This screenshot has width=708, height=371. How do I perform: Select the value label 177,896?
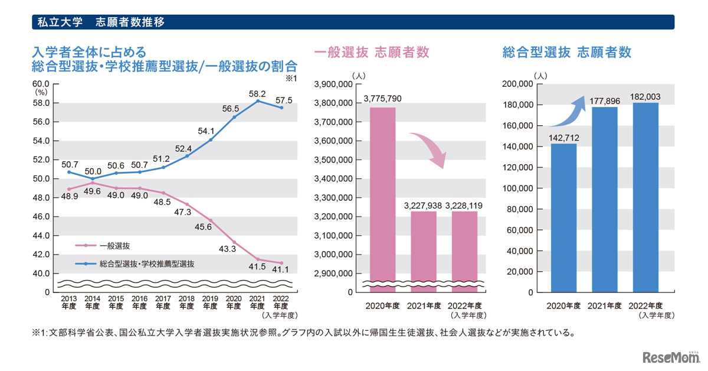click(605, 99)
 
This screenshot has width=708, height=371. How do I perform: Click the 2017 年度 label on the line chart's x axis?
click(163, 303)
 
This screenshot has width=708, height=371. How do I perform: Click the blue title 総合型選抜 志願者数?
click(566, 52)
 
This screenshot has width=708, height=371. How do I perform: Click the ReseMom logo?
click(670, 357)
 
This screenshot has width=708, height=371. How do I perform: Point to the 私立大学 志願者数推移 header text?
click(100, 22)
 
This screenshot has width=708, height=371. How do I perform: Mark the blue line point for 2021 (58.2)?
click(257, 101)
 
